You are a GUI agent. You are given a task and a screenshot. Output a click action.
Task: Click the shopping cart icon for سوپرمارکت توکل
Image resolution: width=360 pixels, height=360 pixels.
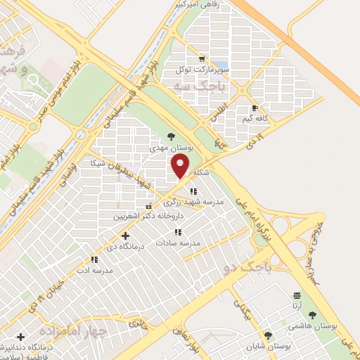tap(202, 59)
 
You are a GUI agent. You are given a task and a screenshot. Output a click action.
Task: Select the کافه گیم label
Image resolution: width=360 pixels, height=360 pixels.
tap(255, 120)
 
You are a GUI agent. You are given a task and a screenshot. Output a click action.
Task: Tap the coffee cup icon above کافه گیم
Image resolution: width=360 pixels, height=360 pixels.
tap(255, 108)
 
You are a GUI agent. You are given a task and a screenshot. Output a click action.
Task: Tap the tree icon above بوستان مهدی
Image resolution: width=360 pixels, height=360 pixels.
tap(170, 137)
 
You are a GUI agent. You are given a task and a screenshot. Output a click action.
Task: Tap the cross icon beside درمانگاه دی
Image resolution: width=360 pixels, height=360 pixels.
tap(125, 236)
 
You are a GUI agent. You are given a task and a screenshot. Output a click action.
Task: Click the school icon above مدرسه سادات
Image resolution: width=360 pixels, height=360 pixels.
tap(179, 231)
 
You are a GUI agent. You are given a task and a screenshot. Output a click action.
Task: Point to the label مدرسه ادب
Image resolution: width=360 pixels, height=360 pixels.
tap(94, 271)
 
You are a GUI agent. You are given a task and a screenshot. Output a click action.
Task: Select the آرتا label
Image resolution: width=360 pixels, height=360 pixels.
tap(297, 307)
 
